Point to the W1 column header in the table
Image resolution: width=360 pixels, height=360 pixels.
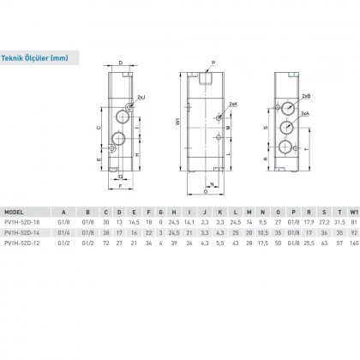pos(353,208)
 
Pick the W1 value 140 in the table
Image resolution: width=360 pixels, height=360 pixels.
pos(352,243)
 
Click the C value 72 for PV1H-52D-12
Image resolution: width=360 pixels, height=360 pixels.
pos(105,243)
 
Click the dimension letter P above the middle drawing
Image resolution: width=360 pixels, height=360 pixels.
pos(214,63)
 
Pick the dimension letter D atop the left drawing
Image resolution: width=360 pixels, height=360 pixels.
pos(119,63)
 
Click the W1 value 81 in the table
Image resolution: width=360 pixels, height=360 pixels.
pos(352,219)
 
